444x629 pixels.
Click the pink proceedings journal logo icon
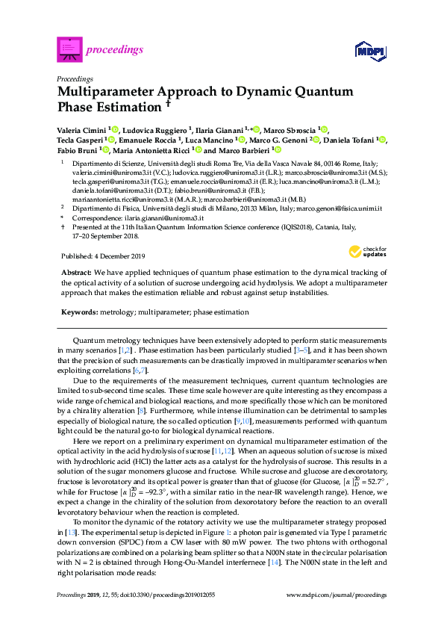click(x=69, y=49)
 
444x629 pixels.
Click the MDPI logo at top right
click(x=371, y=50)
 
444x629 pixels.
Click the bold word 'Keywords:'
click(x=78, y=312)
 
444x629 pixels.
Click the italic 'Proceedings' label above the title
click(x=75, y=78)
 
